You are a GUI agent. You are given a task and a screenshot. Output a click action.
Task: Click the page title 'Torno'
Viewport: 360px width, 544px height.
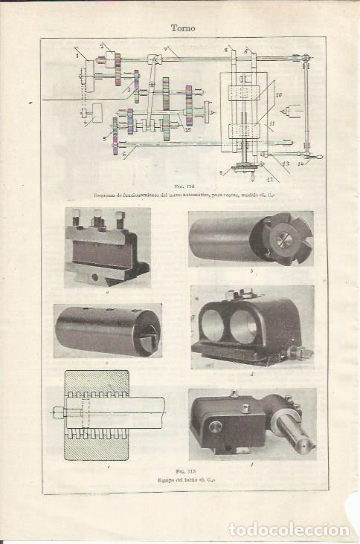tap(183, 29)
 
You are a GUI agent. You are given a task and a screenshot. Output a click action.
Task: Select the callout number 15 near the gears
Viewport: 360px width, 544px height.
tap(188, 129)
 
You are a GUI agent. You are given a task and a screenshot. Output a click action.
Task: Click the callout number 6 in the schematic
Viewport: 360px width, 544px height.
tap(124, 154)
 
